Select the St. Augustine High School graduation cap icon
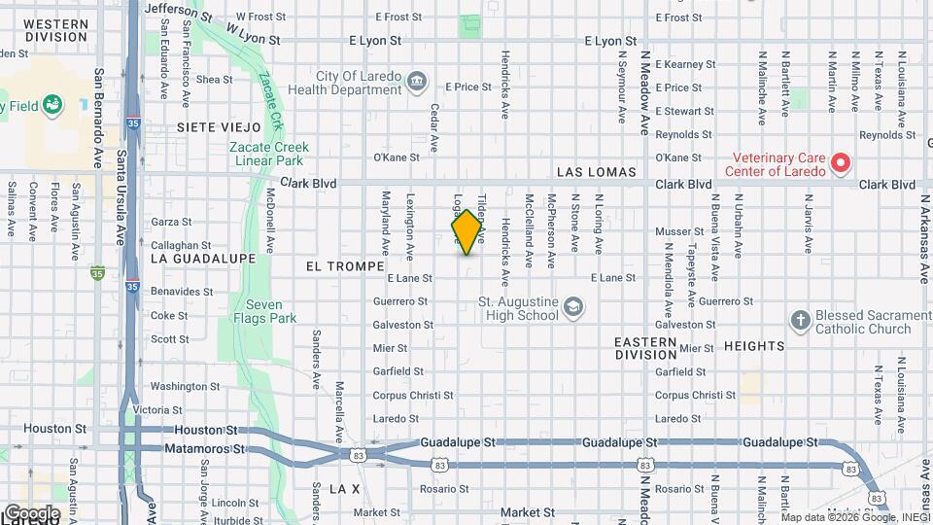pos(574,308)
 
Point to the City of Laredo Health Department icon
pos(417,81)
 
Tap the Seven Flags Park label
pos(269,311)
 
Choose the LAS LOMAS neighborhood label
pos(596,172)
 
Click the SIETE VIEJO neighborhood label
pos(220,127)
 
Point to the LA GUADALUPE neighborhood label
pos(203,259)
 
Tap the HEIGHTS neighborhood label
pos(753,345)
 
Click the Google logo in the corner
pos(31,512)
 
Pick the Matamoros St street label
pos(210,449)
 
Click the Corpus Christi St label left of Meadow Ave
pos(414,396)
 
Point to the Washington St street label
pos(180,386)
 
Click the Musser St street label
pos(679,231)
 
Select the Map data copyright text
pos(854,517)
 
